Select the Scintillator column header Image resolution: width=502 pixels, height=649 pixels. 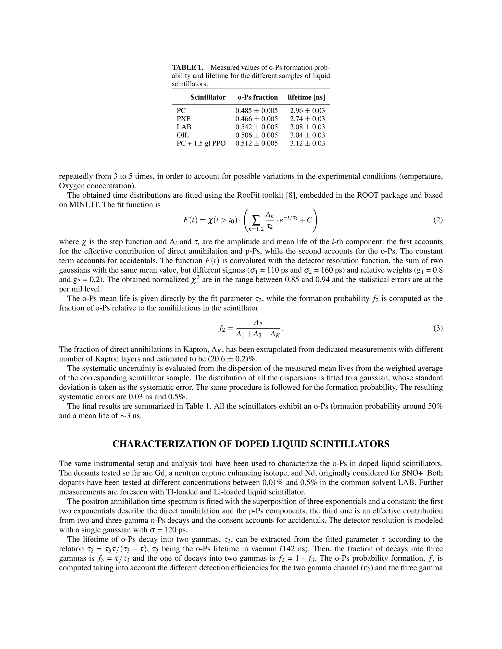208,97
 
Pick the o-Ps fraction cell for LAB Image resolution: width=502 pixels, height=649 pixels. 256,127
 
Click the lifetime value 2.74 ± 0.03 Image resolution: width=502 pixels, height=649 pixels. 307,119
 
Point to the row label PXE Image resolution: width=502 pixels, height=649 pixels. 184,119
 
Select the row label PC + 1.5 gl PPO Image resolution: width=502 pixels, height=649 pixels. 201,143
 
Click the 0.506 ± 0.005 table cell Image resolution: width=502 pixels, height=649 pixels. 256,135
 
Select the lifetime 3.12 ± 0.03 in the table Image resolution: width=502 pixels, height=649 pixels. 307,143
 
